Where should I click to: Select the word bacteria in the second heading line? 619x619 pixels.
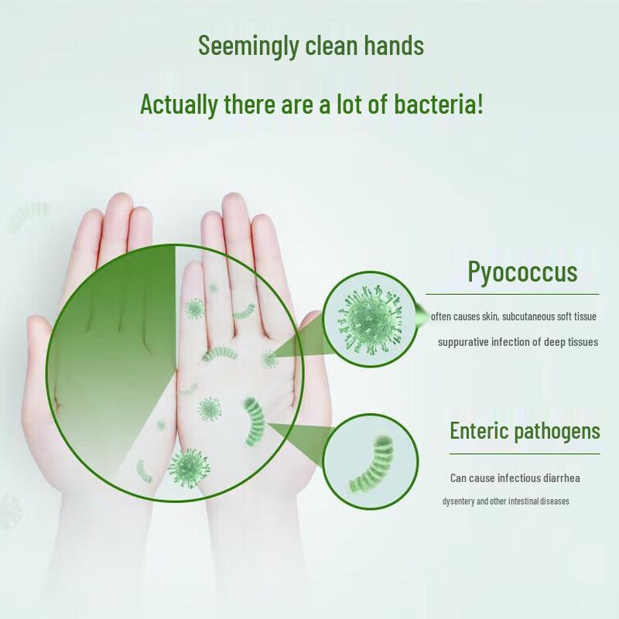coord(436,104)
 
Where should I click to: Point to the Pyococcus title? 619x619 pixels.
coord(522,272)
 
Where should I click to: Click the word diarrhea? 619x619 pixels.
coord(556,478)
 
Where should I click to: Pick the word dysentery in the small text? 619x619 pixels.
coord(459,501)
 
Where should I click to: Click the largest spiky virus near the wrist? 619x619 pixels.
coord(188,467)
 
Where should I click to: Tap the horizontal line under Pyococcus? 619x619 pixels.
coord(512,295)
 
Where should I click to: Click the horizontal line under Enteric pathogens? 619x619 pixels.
coord(525,453)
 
